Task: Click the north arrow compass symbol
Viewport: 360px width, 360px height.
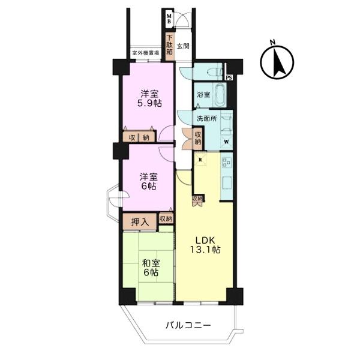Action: (x=277, y=61)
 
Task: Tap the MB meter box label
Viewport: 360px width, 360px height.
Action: (x=169, y=19)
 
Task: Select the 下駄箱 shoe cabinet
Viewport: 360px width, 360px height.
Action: (x=169, y=47)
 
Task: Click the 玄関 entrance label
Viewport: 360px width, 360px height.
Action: (x=183, y=46)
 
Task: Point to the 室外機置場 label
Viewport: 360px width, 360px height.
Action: (x=146, y=53)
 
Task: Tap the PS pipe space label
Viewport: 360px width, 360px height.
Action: (x=229, y=77)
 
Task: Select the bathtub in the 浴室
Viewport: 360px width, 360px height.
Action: (x=221, y=94)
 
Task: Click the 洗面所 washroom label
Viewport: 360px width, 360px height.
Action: (x=206, y=118)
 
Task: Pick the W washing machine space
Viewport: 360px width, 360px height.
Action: (x=226, y=142)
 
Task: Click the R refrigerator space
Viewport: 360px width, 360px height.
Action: (x=200, y=159)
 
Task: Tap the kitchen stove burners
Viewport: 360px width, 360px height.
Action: (x=226, y=163)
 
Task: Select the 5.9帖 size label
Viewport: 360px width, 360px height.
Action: (x=149, y=104)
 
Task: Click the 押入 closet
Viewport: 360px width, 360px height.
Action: (x=140, y=222)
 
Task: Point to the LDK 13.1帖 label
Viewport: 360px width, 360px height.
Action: (x=205, y=245)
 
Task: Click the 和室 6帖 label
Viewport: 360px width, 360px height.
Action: (x=151, y=268)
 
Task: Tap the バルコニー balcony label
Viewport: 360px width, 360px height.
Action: (x=188, y=325)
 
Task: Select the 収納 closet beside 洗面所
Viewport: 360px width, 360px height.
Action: (x=198, y=138)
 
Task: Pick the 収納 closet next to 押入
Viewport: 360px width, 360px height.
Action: (x=166, y=219)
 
